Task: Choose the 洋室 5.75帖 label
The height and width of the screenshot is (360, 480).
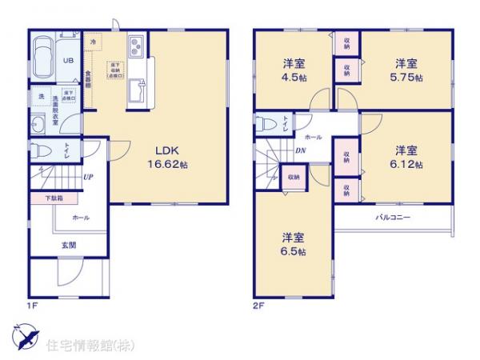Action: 406,69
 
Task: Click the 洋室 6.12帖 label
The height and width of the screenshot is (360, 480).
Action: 406,155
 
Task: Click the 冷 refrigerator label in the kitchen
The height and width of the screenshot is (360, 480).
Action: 94,41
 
